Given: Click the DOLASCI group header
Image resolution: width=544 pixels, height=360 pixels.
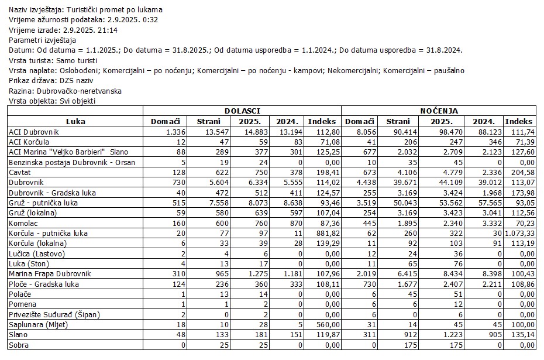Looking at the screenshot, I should pyautogui.click(x=242, y=110).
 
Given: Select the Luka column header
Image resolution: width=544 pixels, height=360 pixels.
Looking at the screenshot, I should pyautogui.click(x=76, y=121).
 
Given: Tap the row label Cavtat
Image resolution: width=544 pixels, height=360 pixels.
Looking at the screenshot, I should pyautogui.click(x=21, y=173).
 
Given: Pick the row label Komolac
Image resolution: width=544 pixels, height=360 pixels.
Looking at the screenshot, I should pyautogui.click(x=24, y=223).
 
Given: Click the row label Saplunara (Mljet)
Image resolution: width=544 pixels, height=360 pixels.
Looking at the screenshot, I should pyautogui.click(x=38, y=324).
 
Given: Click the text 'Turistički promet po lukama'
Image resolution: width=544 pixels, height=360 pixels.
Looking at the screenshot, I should pyautogui.click(x=115, y=9).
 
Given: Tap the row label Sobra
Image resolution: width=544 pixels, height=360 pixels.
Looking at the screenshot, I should pyautogui.click(x=19, y=345).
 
